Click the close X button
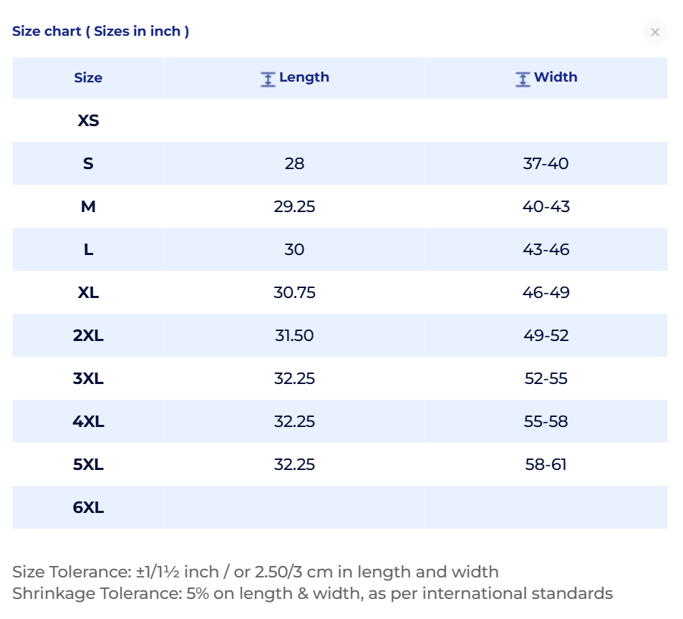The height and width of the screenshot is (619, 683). pyautogui.click(x=654, y=32)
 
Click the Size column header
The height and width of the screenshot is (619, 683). pyautogui.click(x=88, y=77)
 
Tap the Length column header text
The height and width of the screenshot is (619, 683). pyautogui.click(x=304, y=77)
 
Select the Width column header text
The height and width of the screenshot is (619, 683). pyautogui.click(x=556, y=77)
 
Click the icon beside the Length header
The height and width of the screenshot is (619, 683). pyautogui.click(x=268, y=80)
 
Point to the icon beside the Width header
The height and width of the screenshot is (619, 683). pyautogui.click(x=523, y=80)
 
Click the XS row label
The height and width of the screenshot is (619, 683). pyautogui.click(x=89, y=120)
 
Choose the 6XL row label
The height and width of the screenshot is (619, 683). pyautogui.click(x=89, y=507)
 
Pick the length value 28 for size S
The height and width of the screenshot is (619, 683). pyautogui.click(x=294, y=163)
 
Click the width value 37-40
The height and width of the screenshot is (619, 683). pyautogui.click(x=546, y=163)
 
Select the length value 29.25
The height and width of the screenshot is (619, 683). pyautogui.click(x=294, y=206)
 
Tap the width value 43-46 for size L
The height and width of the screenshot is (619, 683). pyautogui.click(x=546, y=249)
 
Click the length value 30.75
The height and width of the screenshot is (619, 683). pyautogui.click(x=294, y=292)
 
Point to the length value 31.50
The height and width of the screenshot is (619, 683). pyautogui.click(x=294, y=335)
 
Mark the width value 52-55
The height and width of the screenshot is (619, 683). pyautogui.click(x=546, y=378)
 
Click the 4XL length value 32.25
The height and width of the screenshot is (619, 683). pyautogui.click(x=294, y=421)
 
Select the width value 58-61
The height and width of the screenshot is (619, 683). pyautogui.click(x=546, y=464)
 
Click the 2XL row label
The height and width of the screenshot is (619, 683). pyautogui.click(x=89, y=335)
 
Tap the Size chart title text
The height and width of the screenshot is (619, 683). pyautogui.click(x=101, y=32)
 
